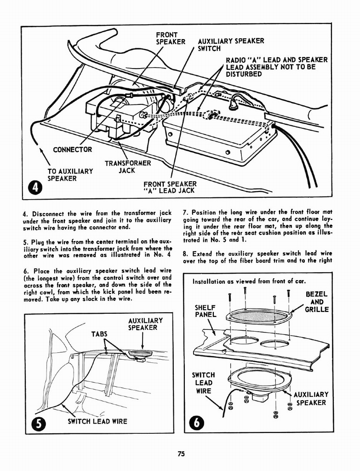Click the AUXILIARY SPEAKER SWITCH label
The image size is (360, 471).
[x=230, y=45]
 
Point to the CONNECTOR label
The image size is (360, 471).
[x=72, y=149]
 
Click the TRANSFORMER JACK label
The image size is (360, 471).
[x=127, y=167]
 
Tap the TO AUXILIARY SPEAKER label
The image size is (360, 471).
[x=70, y=175]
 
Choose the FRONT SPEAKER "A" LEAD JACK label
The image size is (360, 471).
[x=170, y=187]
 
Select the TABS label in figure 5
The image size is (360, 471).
[x=100, y=334]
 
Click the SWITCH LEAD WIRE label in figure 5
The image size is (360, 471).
[x=97, y=421]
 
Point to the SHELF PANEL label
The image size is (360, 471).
[x=205, y=311]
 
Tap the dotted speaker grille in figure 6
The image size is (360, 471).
[x=259, y=316]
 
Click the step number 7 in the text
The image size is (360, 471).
[x=185, y=213]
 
